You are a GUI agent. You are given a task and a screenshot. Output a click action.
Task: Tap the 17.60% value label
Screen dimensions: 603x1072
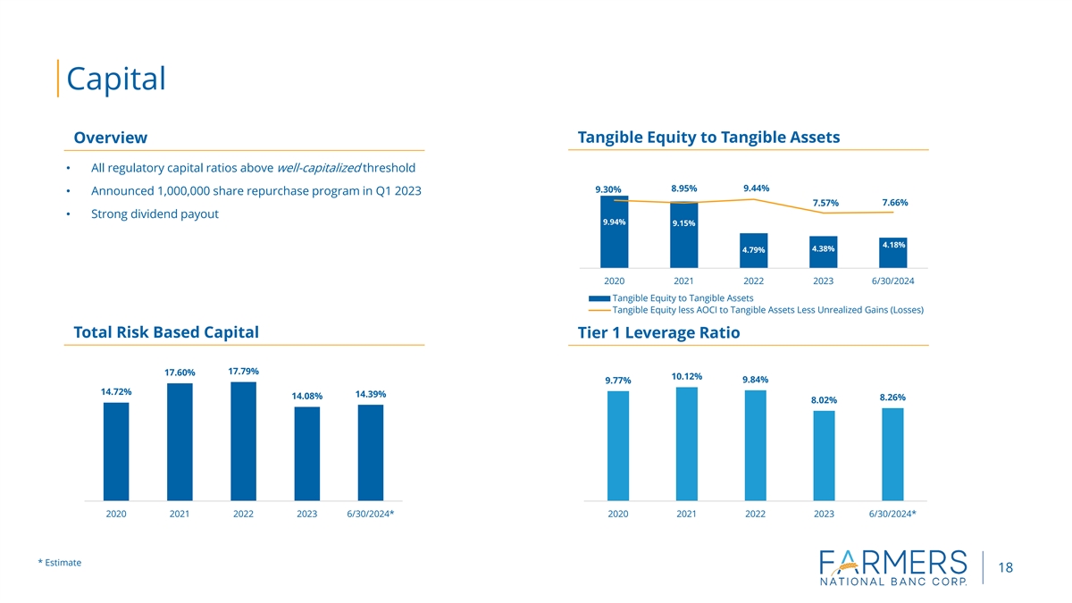pyautogui.click(x=180, y=373)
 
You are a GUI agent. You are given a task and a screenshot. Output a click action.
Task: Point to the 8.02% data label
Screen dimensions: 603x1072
pyautogui.click(x=824, y=400)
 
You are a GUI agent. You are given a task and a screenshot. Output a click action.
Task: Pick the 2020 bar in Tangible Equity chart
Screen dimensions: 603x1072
pyautogui.click(x=615, y=231)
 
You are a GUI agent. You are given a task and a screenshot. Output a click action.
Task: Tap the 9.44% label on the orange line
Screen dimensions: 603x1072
pyautogui.click(x=756, y=188)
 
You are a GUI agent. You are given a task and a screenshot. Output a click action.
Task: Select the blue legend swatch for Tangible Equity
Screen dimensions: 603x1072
pyautogui.click(x=599, y=297)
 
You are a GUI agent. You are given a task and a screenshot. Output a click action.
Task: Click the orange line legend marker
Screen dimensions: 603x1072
pyautogui.click(x=599, y=310)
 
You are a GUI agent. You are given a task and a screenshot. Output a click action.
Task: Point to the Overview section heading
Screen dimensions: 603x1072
pyautogui.click(x=111, y=138)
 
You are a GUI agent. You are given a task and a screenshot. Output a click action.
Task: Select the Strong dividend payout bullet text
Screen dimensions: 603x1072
pyautogui.click(x=155, y=214)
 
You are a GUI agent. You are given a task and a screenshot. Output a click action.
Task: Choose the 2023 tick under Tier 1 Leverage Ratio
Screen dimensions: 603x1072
pyautogui.click(x=824, y=514)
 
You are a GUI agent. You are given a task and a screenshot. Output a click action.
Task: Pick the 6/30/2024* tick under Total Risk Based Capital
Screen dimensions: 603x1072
pyautogui.click(x=371, y=514)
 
